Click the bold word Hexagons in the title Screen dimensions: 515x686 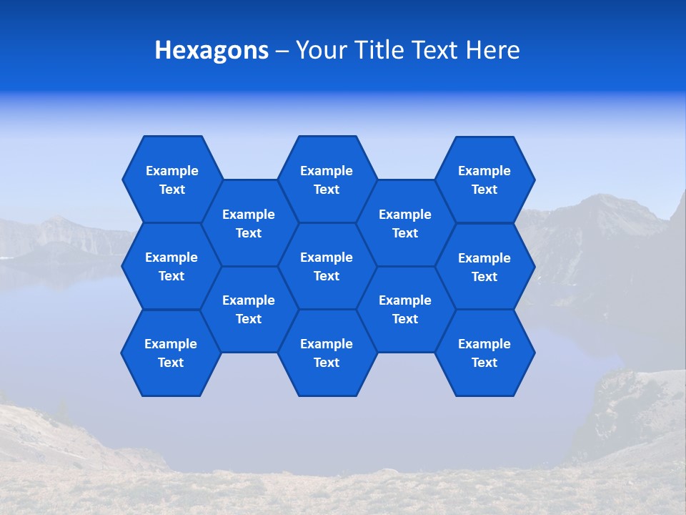point(212,50)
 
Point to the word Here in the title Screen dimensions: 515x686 point(492,50)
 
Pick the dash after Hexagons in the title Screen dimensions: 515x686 point(282,51)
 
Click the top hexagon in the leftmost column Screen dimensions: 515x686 point(172,180)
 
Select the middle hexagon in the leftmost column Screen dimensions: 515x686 point(171,266)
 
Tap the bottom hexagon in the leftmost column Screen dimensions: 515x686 point(171,353)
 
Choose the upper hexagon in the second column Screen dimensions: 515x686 point(249,223)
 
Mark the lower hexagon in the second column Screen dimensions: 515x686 point(249,309)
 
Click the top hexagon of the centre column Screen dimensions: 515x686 point(327,180)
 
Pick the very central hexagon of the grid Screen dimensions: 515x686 point(327,266)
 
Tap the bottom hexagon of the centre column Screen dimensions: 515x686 point(327,353)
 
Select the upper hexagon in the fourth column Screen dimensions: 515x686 point(405,223)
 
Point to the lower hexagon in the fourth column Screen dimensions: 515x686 point(405,309)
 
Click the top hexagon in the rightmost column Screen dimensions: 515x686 point(484,180)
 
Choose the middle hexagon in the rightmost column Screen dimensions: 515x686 point(484,267)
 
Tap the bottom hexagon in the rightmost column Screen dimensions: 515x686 point(484,353)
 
